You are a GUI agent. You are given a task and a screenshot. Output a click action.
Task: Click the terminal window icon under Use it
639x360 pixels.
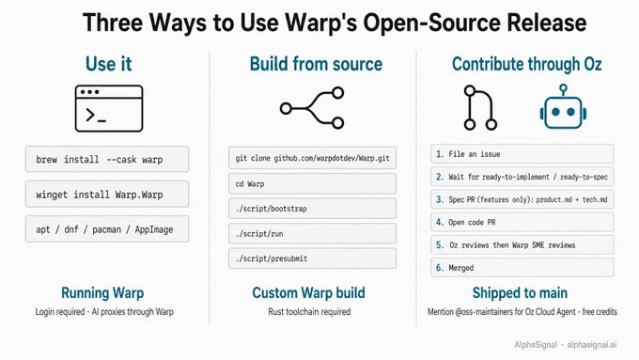coord(109,108)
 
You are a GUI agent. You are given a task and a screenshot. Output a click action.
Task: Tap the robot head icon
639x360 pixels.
coord(563,107)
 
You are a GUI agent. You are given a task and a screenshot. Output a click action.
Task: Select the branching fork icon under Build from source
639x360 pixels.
coord(312,108)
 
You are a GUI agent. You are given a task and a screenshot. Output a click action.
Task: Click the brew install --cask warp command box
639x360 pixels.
coord(107,159)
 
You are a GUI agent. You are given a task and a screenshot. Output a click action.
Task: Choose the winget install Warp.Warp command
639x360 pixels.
coord(107,194)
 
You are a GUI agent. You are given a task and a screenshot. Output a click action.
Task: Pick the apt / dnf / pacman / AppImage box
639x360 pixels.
coord(107,229)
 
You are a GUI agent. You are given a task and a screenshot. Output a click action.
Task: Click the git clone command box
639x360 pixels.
coord(312,158)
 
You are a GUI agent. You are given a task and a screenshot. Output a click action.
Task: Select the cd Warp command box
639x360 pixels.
coord(312,183)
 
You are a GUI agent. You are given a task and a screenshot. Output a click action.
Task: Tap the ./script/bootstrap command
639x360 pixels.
coord(312,209)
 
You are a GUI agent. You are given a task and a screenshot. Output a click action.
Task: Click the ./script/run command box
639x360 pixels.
coord(312,234)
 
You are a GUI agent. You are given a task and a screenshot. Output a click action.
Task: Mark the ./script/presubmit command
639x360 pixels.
coord(312,258)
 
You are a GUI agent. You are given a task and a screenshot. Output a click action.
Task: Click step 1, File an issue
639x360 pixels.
coord(522,154)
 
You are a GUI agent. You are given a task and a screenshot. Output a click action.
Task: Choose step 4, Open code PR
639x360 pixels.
coord(522,222)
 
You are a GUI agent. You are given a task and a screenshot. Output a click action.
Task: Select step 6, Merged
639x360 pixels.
coord(522,268)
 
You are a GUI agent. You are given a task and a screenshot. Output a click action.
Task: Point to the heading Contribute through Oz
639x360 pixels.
coord(526,64)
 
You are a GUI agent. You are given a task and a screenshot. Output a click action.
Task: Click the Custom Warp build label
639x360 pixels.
coord(308,292)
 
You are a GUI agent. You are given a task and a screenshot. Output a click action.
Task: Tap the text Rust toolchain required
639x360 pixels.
coord(309,311)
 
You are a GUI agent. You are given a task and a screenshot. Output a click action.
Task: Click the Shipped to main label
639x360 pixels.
coord(520,292)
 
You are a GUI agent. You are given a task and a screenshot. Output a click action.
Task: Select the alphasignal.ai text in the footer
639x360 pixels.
coord(592,345)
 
